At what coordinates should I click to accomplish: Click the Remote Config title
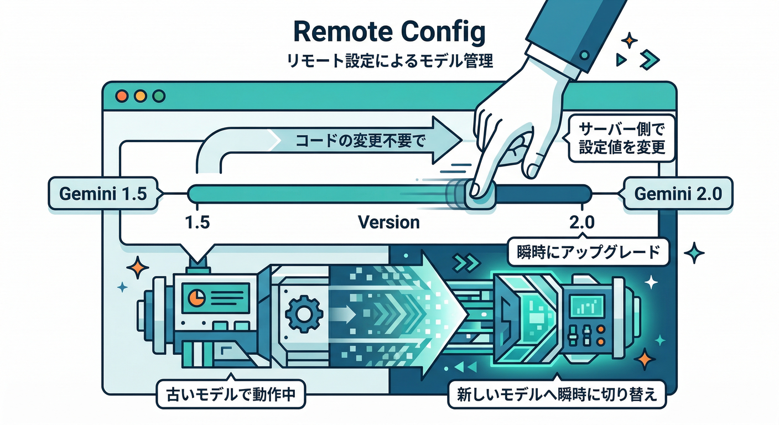coord(389,33)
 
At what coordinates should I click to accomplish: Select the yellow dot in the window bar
coord(140,96)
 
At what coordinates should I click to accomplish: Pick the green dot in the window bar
coord(158,96)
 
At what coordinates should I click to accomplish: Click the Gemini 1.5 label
coord(103,195)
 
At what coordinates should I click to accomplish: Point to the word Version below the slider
coord(389,222)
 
